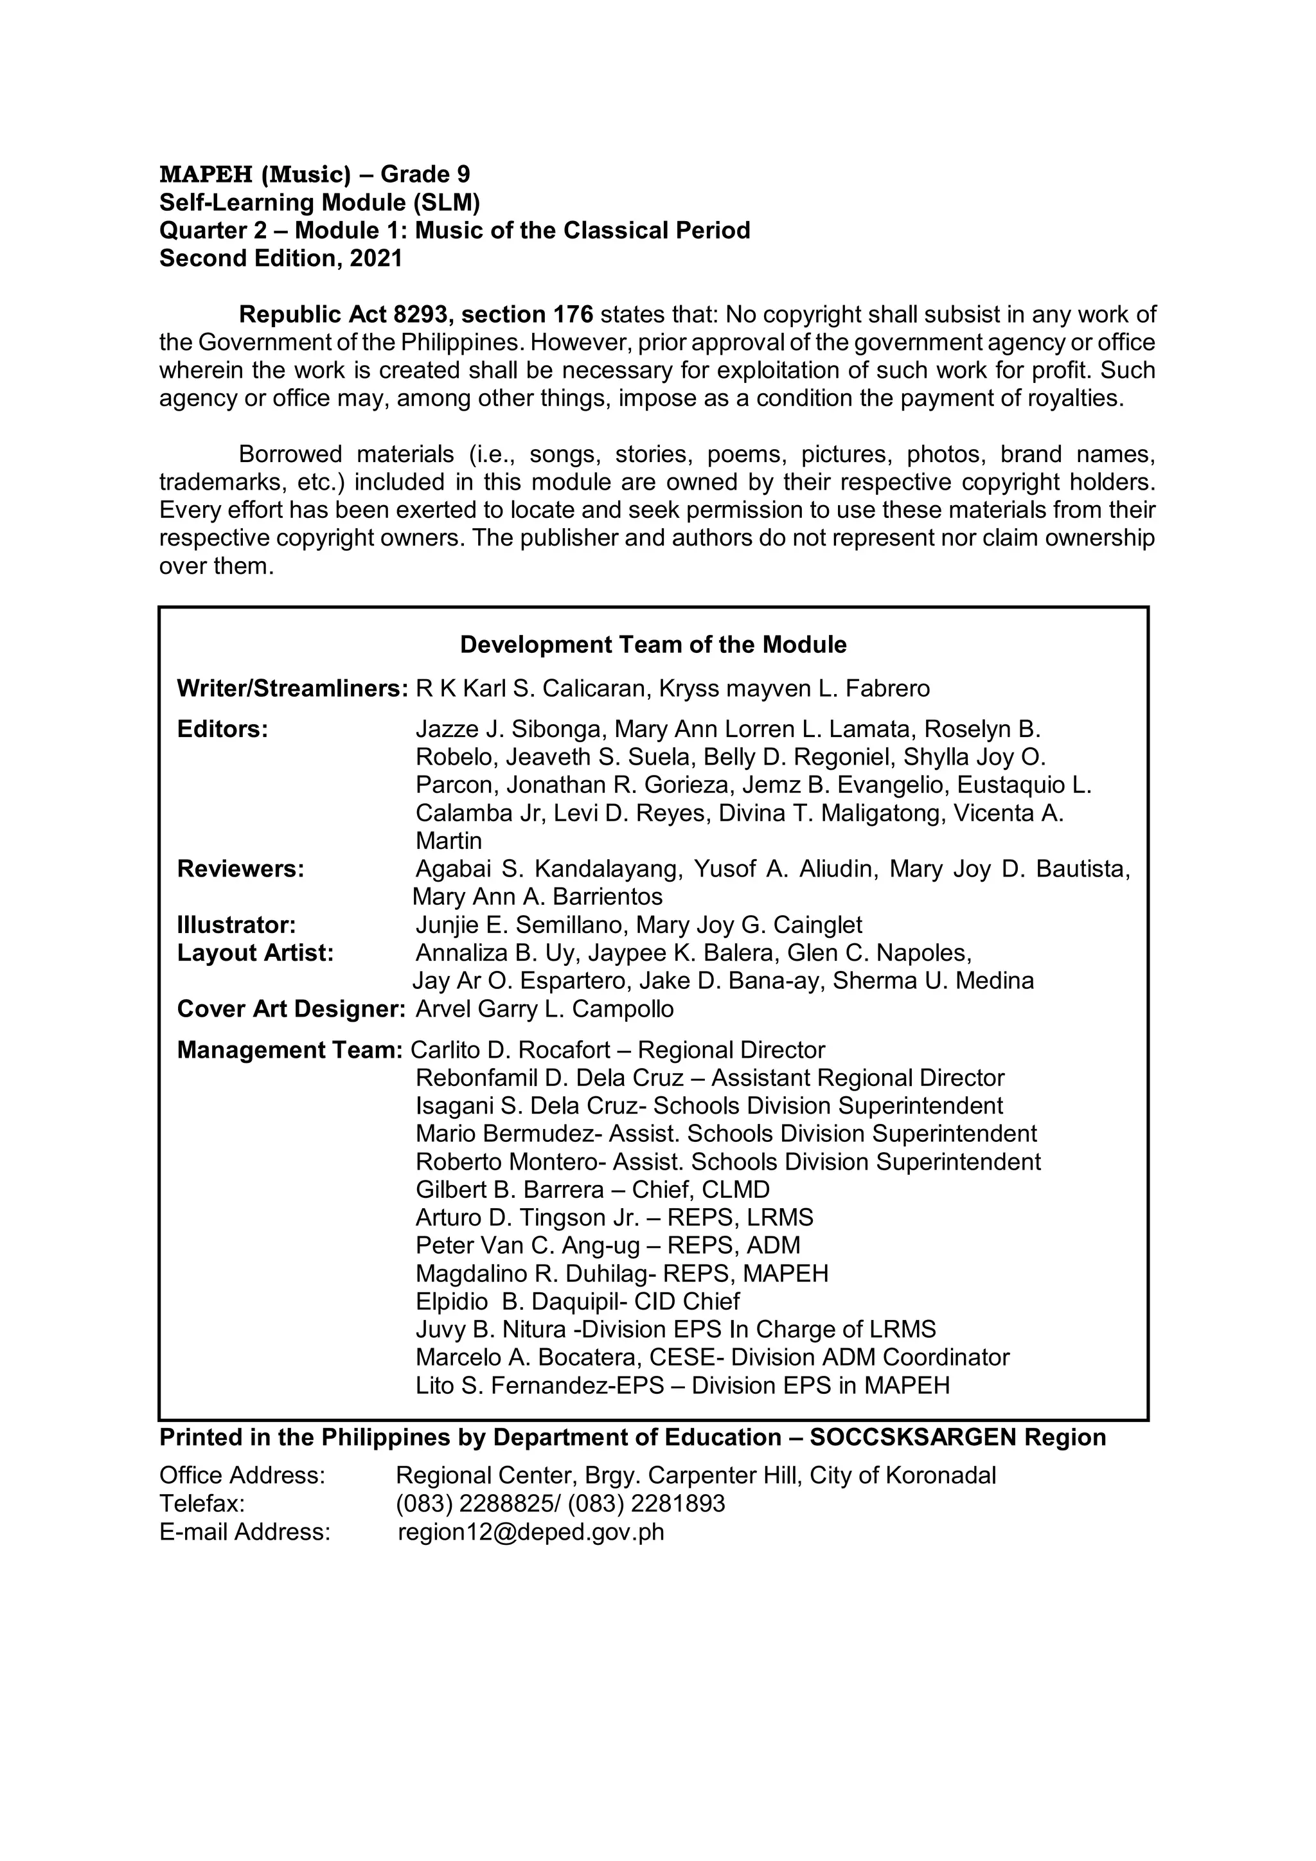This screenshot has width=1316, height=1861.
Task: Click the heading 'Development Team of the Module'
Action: click(x=653, y=645)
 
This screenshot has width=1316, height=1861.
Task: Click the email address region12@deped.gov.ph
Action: click(x=531, y=1533)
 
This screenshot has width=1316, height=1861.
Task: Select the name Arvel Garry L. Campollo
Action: click(x=544, y=1009)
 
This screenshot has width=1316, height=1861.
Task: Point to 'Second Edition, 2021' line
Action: click(x=280, y=258)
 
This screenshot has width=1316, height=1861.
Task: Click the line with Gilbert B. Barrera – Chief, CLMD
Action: click(x=592, y=1190)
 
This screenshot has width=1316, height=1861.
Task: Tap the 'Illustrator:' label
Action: click(x=236, y=925)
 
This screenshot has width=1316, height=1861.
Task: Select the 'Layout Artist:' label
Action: click(x=255, y=953)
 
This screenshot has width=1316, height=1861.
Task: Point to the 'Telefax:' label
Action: click(x=202, y=1504)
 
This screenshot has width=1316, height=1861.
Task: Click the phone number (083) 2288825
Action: click(x=477, y=1504)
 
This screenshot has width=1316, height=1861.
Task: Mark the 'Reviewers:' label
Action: click(x=241, y=869)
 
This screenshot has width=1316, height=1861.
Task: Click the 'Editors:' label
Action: click(x=223, y=729)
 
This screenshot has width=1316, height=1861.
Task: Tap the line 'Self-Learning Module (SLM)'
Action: click(x=320, y=202)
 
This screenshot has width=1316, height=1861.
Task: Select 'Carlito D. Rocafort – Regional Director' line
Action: click(x=618, y=1051)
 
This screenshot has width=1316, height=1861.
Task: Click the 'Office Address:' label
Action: click(x=242, y=1476)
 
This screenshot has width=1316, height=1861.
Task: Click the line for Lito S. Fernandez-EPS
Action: click(x=682, y=1385)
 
